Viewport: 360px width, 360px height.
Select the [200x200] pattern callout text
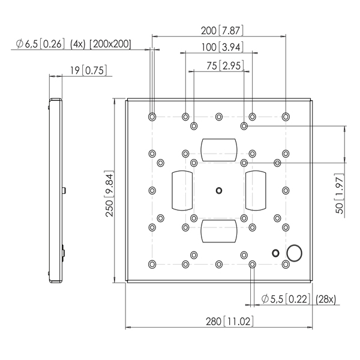[110, 44]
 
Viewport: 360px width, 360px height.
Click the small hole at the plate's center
[218, 191]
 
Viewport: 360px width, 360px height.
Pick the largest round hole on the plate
[295, 253]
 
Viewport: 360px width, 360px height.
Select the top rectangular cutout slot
[218, 149]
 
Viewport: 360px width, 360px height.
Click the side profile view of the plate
[56, 190]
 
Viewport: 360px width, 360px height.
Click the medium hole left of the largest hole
[275, 253]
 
